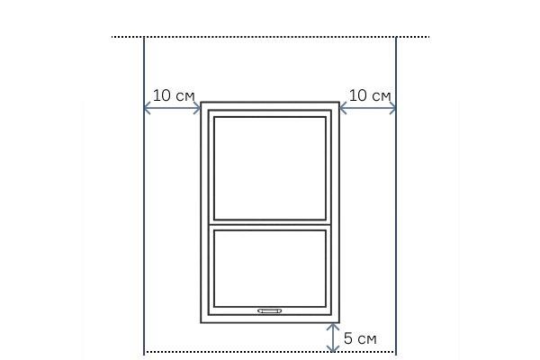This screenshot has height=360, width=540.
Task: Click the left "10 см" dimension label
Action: [174, 95]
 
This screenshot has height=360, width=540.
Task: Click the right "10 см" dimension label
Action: [370, 95]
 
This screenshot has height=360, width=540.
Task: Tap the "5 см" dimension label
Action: [360, 338]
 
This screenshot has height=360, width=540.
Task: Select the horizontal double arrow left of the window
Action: [172, 108]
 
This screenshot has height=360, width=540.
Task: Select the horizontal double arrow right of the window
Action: [368, 108]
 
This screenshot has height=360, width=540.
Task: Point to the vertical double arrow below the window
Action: [333, 337]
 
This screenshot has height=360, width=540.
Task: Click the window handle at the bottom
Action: [270, 311]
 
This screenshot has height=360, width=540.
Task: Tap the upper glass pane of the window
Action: [270, 168]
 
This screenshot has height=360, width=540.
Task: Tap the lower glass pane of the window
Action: [270, 268]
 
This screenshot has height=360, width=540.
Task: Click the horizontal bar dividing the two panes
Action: [270, 225]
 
